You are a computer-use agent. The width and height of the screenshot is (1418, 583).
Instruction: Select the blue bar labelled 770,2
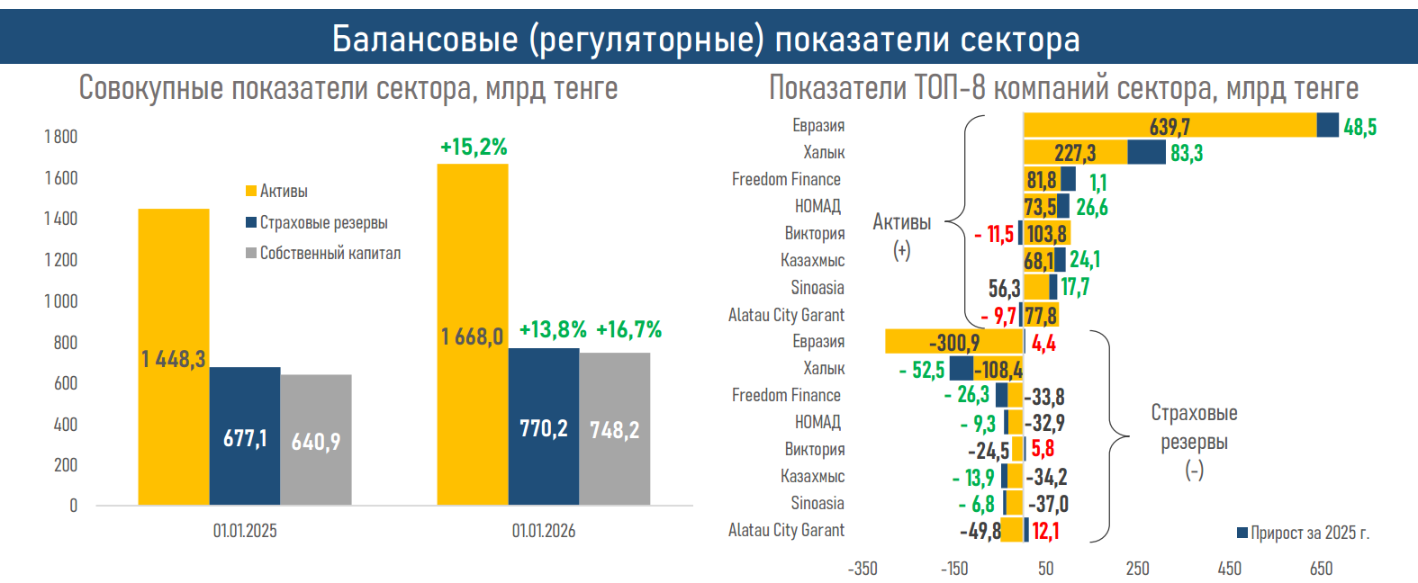tap(544, 426)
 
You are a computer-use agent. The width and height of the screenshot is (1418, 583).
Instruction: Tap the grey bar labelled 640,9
tap(316, 440)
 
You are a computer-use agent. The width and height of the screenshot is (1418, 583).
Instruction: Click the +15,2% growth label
tap(474, 147)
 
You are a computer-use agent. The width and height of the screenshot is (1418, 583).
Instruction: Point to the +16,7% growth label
tap(628, 330)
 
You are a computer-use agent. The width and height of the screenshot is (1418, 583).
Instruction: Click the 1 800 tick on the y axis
tap(61, 137)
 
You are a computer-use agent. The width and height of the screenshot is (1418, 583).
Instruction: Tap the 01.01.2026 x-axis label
tap(544, 531)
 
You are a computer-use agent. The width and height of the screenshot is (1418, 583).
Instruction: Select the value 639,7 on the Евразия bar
tap(1170, 127)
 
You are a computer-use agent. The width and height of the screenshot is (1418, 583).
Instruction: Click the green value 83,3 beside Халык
tap(1187, 154)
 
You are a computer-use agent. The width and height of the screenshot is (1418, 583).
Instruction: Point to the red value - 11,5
tap(994, 235)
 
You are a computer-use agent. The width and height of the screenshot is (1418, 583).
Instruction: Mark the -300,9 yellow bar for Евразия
tap(953, 343)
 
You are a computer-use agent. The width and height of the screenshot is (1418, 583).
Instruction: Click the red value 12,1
tap(1045, 531)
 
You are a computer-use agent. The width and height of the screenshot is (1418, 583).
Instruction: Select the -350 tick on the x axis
tap(863, 569)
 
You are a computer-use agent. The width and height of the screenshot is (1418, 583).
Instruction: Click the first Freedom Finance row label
tap(786, 180)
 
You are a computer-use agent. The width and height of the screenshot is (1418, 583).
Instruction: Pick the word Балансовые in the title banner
tap(425, 40)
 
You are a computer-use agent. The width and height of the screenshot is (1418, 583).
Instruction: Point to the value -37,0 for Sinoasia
tap(1047, 504)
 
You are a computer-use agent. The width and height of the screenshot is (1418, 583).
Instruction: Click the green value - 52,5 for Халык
tap(922, 370)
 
